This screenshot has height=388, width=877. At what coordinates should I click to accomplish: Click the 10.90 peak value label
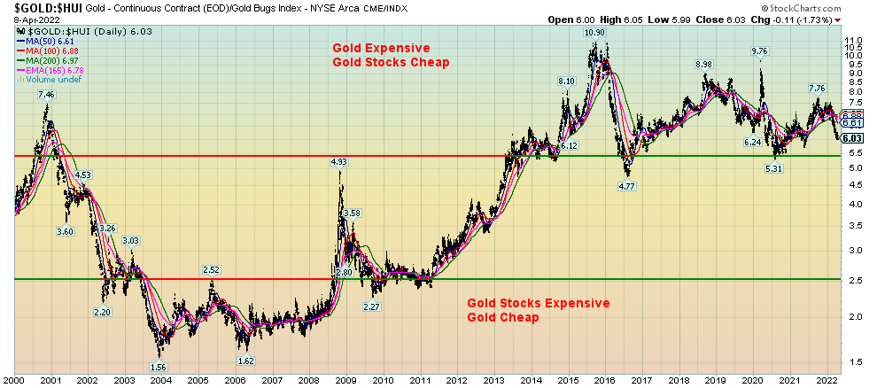tap(594, 33)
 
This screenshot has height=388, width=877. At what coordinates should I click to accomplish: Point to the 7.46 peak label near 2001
tap(46, 95)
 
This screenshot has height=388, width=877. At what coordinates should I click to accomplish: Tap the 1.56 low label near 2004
tap(159, 367)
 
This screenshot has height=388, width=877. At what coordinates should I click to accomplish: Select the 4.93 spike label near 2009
tap(338, 162)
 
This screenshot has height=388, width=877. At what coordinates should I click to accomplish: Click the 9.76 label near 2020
tap(760, 51)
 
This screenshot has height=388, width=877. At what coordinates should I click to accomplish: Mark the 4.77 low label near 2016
tap(625, 187)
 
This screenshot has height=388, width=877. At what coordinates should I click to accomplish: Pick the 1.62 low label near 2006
tap(246, 361)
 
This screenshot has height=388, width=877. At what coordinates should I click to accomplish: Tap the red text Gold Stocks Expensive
tap(539, 303)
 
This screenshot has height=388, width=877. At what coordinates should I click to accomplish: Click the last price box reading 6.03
tap(853, 138)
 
